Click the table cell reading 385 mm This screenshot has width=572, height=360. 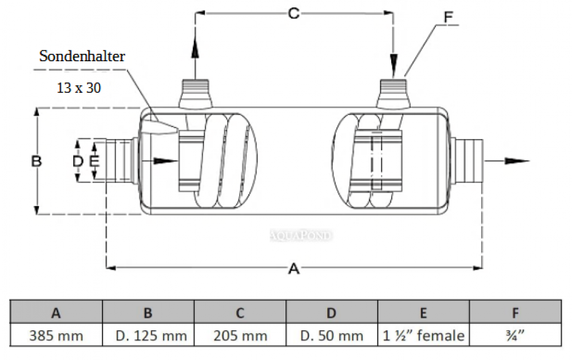point(56,335)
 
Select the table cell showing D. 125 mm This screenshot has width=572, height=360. point(148,335)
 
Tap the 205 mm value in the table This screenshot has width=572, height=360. point(240,335)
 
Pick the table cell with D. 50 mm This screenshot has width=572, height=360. point(332,335)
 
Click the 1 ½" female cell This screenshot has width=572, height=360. point(423,335)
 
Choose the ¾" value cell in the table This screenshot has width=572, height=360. point(515,335)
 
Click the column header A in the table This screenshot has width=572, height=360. point(56,312)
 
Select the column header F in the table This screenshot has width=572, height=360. point(515,312)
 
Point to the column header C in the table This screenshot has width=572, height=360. point(240,312)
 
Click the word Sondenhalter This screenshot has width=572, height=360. point(82,56)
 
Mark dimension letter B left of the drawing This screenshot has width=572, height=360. point(37,161)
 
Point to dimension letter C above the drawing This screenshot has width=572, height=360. point(293,13)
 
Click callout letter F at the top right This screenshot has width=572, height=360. point(448,17)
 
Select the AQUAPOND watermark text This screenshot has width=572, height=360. point(301,235)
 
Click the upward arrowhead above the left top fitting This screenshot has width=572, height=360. point(195,48)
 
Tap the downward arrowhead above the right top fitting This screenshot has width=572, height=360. point(393,62)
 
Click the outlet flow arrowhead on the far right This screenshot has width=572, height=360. point(521,161)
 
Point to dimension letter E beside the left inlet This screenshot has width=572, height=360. point(95,161)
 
